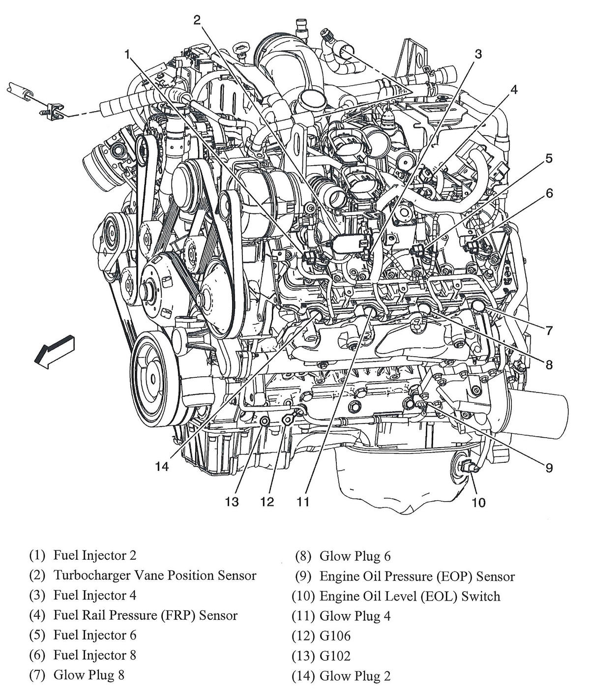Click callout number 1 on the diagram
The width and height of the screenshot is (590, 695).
pos(128,54)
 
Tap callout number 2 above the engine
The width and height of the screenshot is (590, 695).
pos(197,21)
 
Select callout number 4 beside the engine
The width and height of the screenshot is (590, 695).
pos(513,90)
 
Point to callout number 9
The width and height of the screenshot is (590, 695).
pos(549,468)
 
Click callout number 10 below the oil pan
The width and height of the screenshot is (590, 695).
pos(479,502)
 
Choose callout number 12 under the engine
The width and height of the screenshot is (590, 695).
pos(267,502)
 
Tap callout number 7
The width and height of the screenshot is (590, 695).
pos(549,331)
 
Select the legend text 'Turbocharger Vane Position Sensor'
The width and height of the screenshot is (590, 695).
pos(155,575)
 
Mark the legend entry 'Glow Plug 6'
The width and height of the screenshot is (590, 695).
pos(355,556)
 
